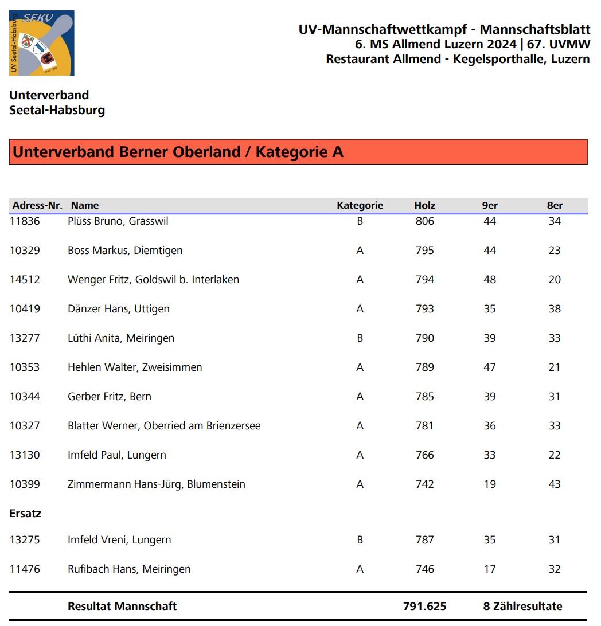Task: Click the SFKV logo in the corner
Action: click(41, 43)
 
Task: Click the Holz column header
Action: click(424, 205)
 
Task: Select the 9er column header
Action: click(489, 205)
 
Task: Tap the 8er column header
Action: click(555, 205)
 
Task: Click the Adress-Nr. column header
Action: click(37, 205)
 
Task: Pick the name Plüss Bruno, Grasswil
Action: click(118, 221)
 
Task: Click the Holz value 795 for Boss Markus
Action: click(424, 251)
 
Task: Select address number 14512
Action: click(25, 280)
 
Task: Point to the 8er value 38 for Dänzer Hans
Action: click(554, 309)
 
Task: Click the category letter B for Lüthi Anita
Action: click(360, 338)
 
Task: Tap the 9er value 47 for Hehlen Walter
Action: click(489, 367)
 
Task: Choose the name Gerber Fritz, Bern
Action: click(110, 397)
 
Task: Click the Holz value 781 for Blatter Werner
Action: click(424, 426)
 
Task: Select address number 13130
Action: click(25, 455)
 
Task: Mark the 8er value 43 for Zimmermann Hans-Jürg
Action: click(554, 484)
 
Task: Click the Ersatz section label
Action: click(25, 514)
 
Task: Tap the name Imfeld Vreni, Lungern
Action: click(119, 540)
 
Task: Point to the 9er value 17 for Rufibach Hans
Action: click(489, 569)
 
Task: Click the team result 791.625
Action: click(424, 607)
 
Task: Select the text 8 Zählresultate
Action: click(522, 607)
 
